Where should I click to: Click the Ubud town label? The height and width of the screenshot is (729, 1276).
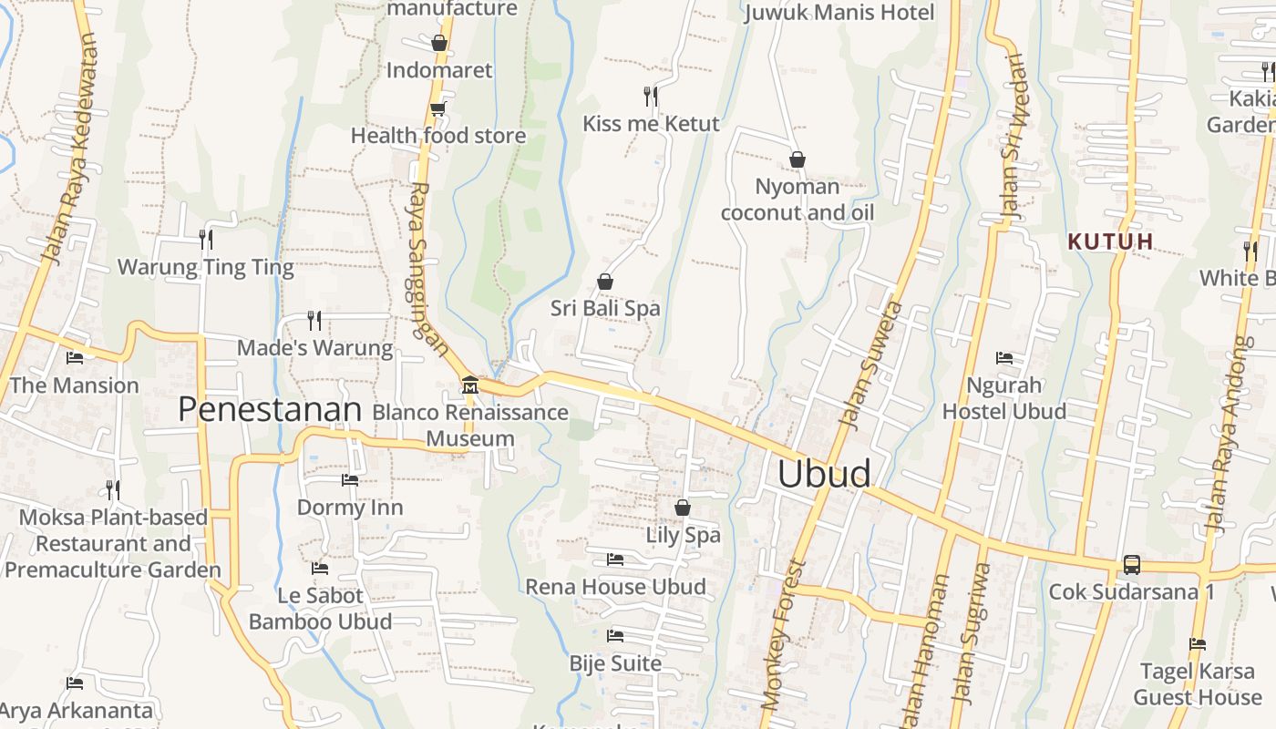(x=824, y=474)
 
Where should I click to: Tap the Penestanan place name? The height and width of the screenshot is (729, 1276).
(x=270, y=409)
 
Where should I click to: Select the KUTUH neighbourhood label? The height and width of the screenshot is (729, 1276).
(x=1111, y=241)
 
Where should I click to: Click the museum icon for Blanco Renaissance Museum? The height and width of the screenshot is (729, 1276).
(x=470, y=383)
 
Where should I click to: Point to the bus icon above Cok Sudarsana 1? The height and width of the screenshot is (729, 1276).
(x=1131, y=564)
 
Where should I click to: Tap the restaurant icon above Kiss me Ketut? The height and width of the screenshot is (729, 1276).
(x=651, y=96)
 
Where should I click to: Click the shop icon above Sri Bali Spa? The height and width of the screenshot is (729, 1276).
(x=605, y=282)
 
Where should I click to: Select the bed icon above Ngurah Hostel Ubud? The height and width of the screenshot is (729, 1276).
(x=1004, y=358)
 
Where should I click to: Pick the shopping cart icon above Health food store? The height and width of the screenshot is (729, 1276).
(x=438, y=109)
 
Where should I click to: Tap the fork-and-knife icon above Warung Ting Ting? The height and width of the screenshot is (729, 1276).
(x=206, y=240)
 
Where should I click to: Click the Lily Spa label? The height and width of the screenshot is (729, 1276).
(x=683, y=535)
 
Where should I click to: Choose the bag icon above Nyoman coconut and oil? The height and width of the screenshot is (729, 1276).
(x=797, y=160)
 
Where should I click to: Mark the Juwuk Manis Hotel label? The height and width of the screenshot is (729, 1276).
(x=839, y=13)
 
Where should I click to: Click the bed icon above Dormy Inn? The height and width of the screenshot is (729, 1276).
(x=350, y=479)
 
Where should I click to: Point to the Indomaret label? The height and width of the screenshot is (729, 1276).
(x=439, y=70)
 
